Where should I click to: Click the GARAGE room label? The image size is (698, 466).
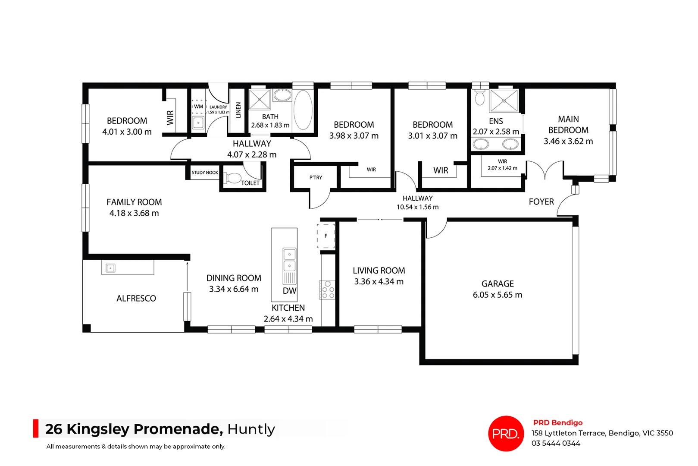[x=498, y=284]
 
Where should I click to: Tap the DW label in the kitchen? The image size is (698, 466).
[x=289, y=291]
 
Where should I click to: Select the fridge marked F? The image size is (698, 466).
[x=326, y=236]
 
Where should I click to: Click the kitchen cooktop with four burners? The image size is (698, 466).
[x=328, y=290]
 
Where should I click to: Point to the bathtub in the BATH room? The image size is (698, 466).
[x=303, y=110]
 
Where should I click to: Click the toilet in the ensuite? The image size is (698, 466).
[x=480, y=98]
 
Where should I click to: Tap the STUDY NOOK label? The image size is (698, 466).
[x=205, y=173]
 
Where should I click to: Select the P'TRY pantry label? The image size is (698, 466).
[x=316, y=178]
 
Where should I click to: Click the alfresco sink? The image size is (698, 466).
[x=110, y=268]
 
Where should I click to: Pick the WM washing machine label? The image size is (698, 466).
[x=198, y=107]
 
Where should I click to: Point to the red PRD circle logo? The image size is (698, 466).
[x=506, y=433]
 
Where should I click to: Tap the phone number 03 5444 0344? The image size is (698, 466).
[x=556, y=444]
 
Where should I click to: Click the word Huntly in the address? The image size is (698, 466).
[x=251, y=429]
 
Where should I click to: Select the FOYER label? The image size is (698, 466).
[x=541, y=202]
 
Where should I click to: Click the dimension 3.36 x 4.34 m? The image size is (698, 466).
[x=379, y=282]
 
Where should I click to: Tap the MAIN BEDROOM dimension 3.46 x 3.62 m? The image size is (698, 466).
[x=568, y=142]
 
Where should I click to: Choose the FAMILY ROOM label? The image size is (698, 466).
[x=134, y=202]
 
